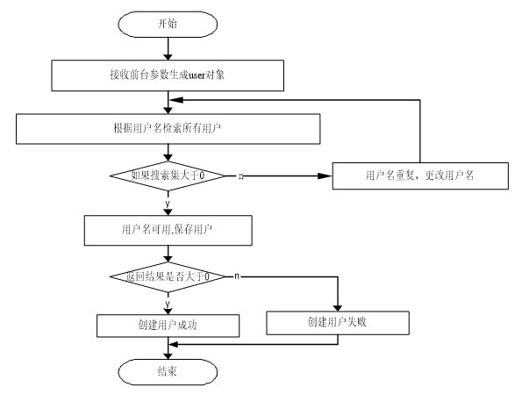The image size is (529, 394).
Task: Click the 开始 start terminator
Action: pos(168,24)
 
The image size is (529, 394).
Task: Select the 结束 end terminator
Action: pos(168,372)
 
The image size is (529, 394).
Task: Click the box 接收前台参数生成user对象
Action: pos(168,75)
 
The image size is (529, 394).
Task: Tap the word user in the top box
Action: pos(197,75)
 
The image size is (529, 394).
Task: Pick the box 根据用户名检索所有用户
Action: pos(168,129)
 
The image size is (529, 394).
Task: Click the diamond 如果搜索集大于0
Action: pos(168,176)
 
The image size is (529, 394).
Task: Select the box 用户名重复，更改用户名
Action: pos(420,176)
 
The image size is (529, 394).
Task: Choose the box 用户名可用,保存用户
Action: pos(168,231)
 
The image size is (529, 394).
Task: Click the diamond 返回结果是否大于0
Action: pos(168,277)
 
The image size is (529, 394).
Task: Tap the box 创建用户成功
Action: pos(168,326)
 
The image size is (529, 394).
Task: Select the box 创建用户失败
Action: pos(338,323)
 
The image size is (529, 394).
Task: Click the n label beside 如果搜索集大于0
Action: pos(241,176)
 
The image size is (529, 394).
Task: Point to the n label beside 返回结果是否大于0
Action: pos(237,276)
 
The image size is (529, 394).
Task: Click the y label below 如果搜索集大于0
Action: pos(168,204)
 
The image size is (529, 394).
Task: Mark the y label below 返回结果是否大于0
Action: pos(168,304)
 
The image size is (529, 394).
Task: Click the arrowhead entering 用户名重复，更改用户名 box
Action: pos(325,176)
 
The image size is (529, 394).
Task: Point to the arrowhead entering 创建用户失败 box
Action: pos(338,308)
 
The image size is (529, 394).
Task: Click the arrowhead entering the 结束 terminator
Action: pos(168,356)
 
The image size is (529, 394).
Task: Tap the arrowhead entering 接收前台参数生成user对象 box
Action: pos(168,57)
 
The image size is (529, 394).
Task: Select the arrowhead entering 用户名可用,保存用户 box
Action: pos(168,212)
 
